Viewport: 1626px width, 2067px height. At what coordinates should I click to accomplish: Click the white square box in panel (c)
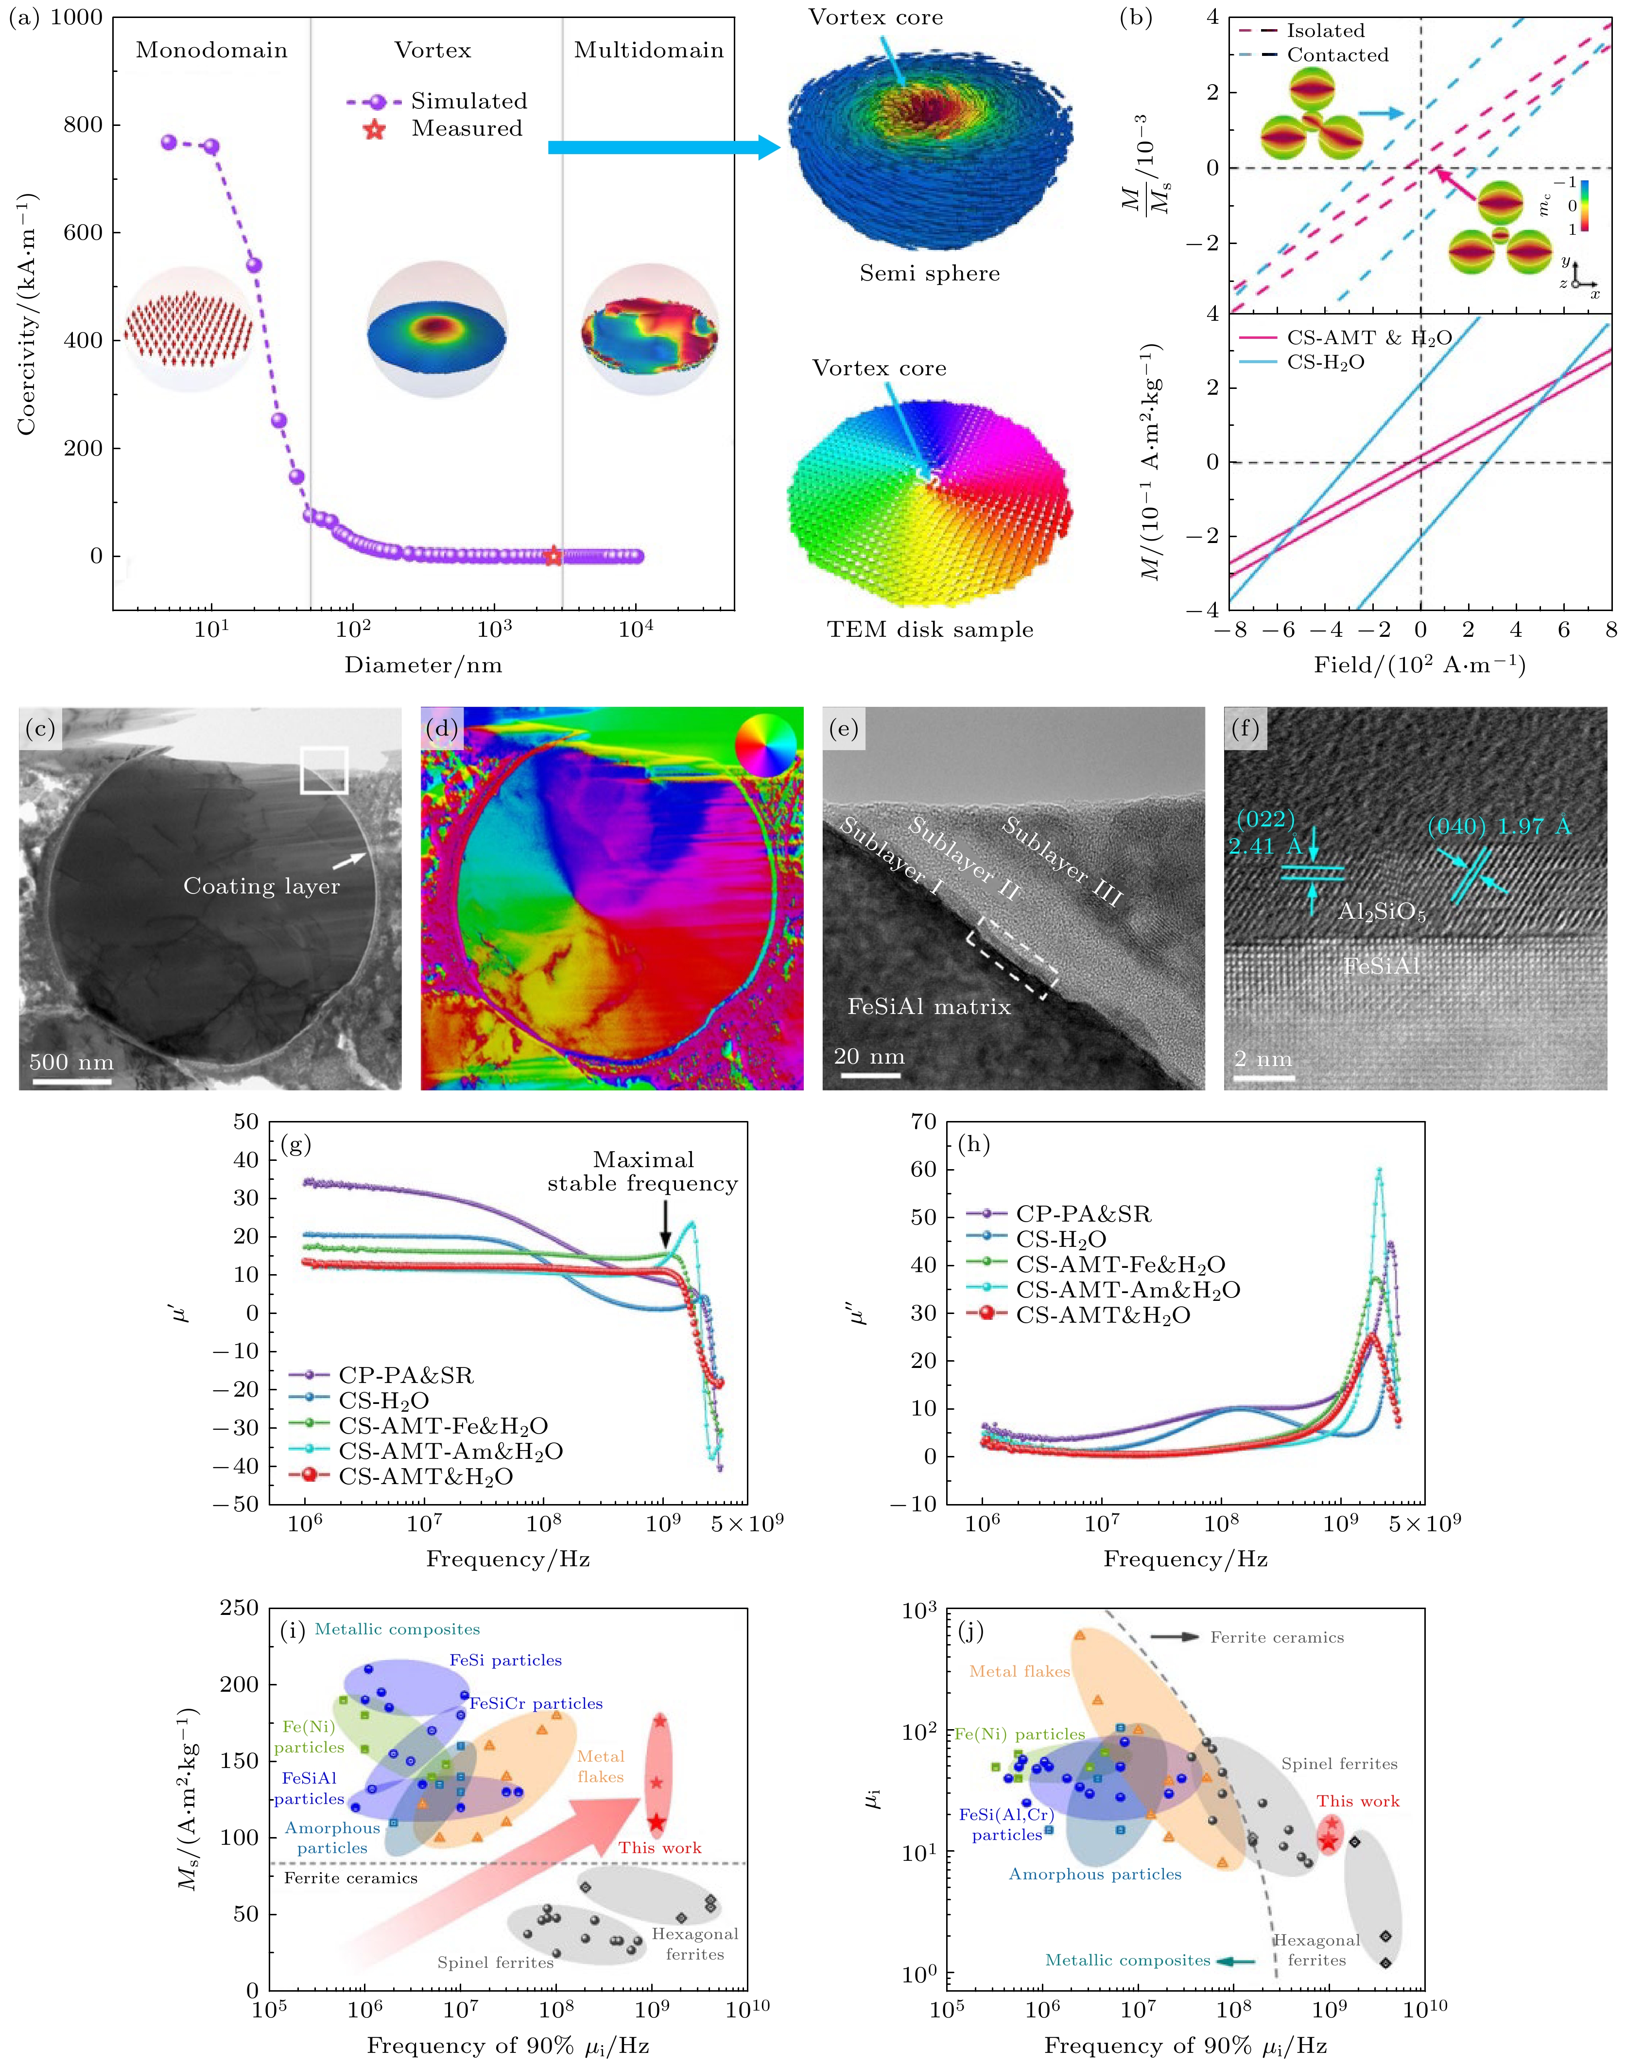(324, 770)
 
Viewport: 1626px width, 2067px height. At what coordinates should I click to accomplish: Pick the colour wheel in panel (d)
(765, 746)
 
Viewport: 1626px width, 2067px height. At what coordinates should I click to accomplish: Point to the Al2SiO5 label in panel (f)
(1382, 912)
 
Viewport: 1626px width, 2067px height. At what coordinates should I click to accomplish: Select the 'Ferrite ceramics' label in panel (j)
(1277, 1638)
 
